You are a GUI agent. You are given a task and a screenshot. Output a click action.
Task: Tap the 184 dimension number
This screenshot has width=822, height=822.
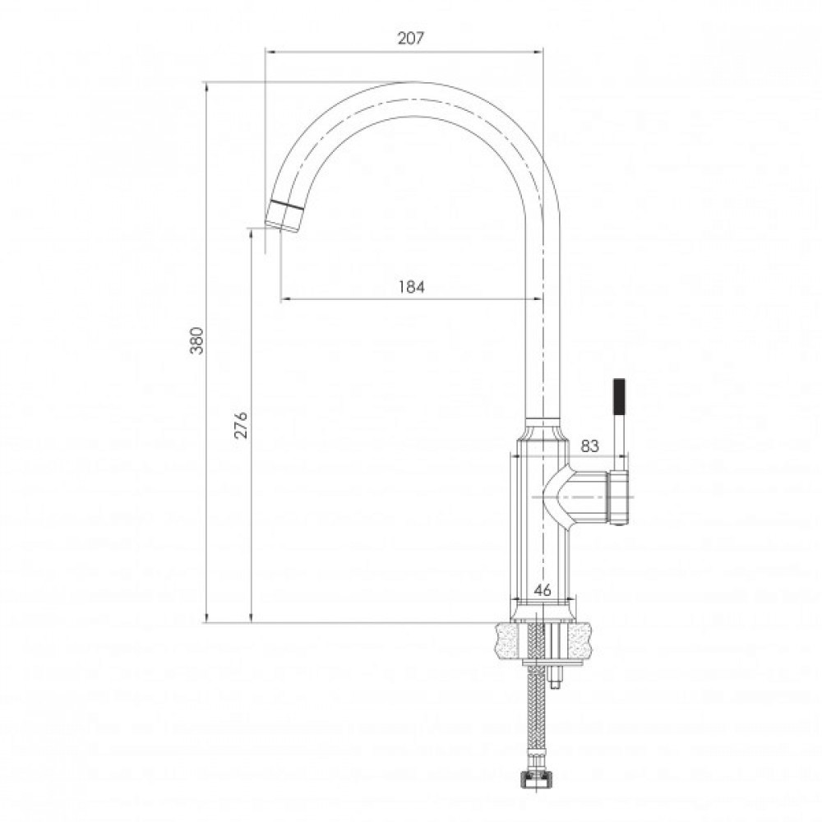coord(411,287)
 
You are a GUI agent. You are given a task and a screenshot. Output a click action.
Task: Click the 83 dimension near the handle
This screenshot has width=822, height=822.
coord(589,446)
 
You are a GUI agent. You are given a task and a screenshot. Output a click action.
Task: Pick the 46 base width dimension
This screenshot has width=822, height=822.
coord(543,589)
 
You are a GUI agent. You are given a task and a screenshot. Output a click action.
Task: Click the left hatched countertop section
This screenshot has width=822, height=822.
coord(510,640)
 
